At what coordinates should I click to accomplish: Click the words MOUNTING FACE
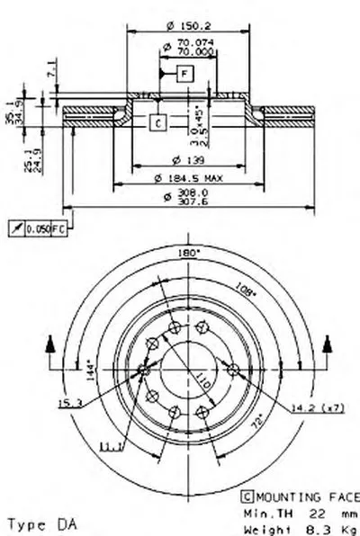pos(305,494)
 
